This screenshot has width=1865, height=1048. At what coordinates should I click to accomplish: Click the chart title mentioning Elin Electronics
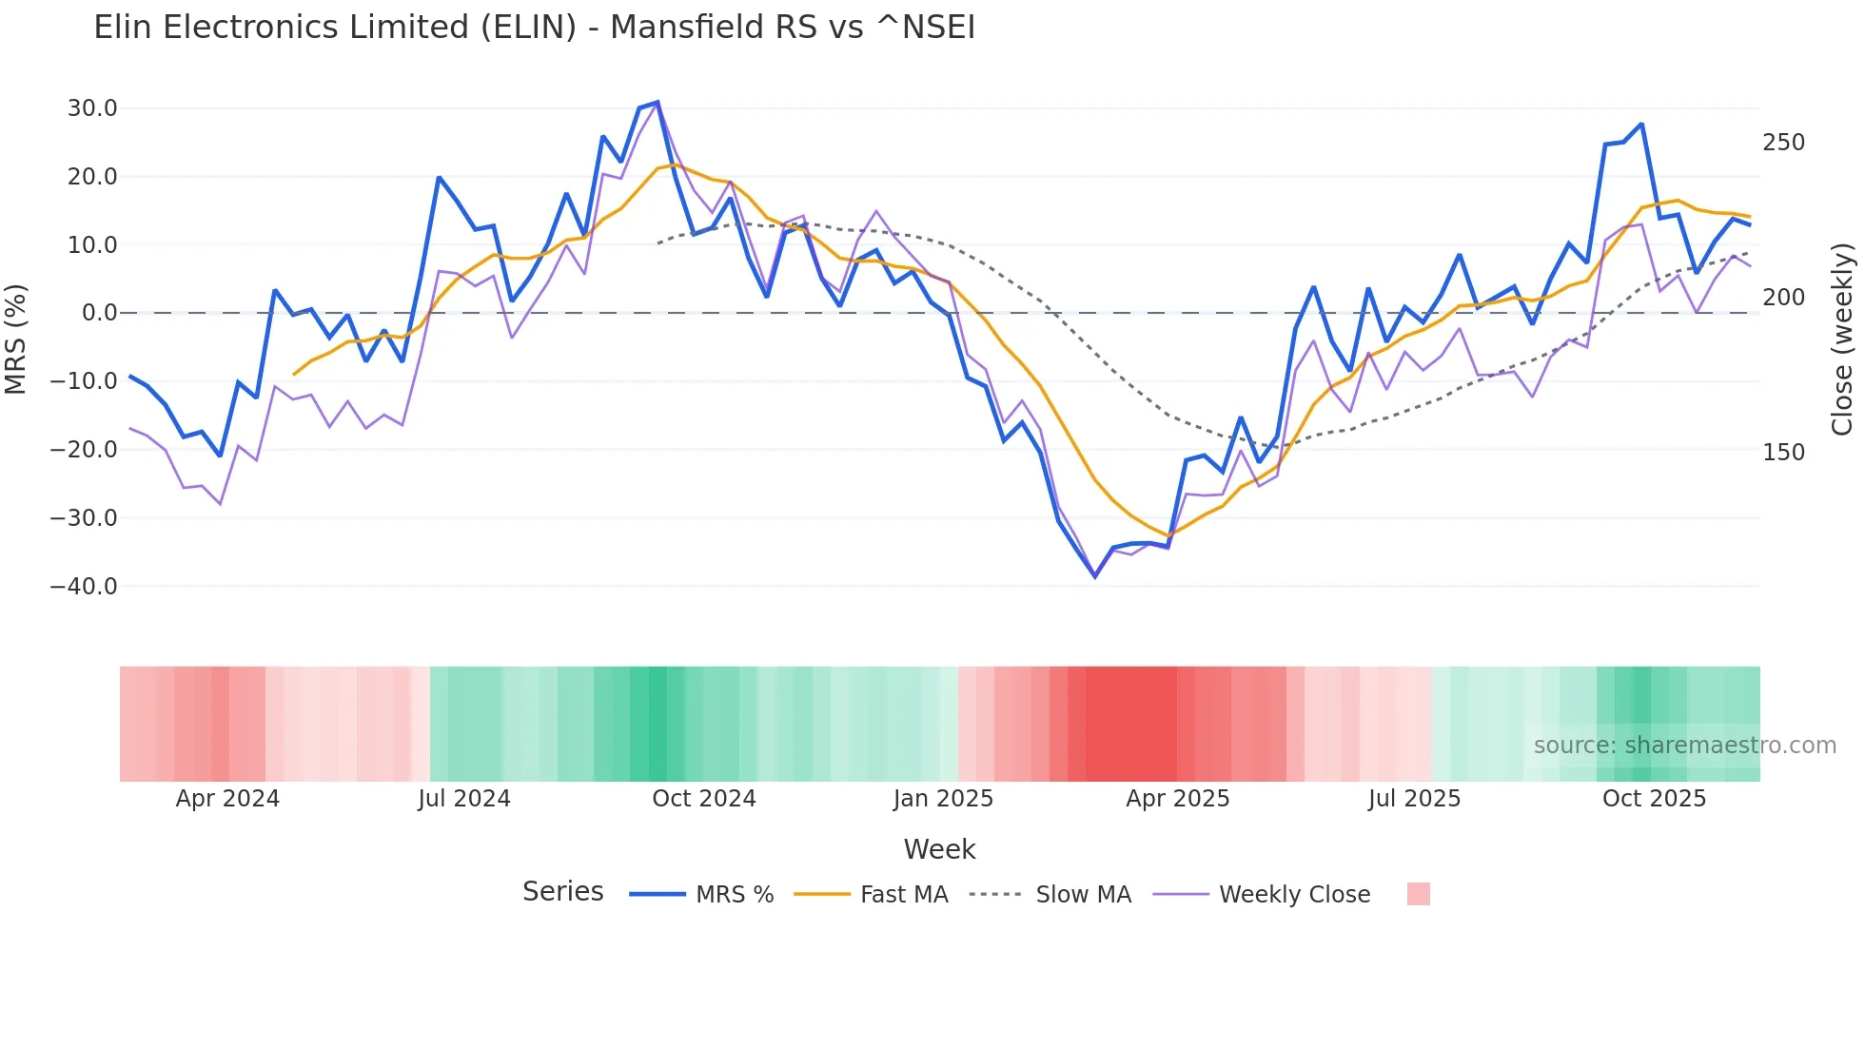[534, 28]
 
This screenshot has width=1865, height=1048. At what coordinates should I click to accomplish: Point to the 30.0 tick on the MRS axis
[92, 108]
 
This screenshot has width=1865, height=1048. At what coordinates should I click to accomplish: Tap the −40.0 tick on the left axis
[84, 587]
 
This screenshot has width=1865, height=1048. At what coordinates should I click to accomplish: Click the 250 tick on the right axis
[1783, 143]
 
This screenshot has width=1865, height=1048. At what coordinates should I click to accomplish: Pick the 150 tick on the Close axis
[1783, 453]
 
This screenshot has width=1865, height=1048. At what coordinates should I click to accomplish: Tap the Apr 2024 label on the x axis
[227, 799]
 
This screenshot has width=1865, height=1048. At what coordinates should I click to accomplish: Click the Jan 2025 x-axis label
[943, 799]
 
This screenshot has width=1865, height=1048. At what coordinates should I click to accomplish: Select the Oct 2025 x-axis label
[1654, 799]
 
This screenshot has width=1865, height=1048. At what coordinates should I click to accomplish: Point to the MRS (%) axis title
[16, 339]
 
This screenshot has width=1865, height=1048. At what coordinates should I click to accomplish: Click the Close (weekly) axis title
[1842, 339]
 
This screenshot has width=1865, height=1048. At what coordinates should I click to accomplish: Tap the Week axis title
[939, 849]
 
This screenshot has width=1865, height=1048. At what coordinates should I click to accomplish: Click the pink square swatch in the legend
[1418, 894]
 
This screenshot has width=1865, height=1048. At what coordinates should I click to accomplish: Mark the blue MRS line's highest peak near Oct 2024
[658, 102]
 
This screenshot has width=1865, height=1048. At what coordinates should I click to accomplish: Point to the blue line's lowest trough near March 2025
[1095, 575]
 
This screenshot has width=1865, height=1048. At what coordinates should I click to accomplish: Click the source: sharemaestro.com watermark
[1684, 746]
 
